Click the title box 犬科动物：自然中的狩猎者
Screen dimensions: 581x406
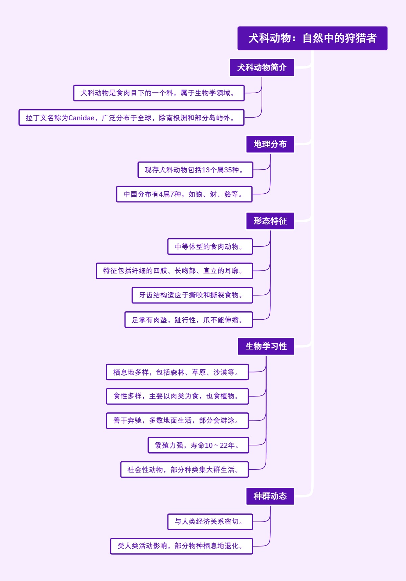(312, 38)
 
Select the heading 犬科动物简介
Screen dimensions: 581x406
(262, 68)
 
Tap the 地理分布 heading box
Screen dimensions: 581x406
(270, 144)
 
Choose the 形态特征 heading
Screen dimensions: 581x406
(270, 221)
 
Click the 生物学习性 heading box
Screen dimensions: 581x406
(266, 346)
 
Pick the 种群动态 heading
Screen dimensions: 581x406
(270, 496)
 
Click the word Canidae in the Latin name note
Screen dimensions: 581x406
(81, 118)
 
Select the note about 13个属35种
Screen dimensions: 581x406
(195, 170)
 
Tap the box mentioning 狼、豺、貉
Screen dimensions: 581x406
(184, 194)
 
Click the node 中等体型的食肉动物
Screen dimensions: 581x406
(210, 247)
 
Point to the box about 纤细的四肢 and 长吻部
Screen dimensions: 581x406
(174, 271)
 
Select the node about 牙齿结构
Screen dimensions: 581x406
(192, 295)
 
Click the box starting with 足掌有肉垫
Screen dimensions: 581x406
(188, 320)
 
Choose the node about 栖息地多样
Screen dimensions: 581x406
(177, 372)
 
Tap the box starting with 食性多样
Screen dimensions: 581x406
(177, 396)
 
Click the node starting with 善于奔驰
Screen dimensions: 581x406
(177, 420)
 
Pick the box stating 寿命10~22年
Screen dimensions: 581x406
(198, 445)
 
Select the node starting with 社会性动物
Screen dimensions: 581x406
(184, 469)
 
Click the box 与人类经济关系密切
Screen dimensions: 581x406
(210, 522)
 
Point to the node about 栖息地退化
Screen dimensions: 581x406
(181, 546)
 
